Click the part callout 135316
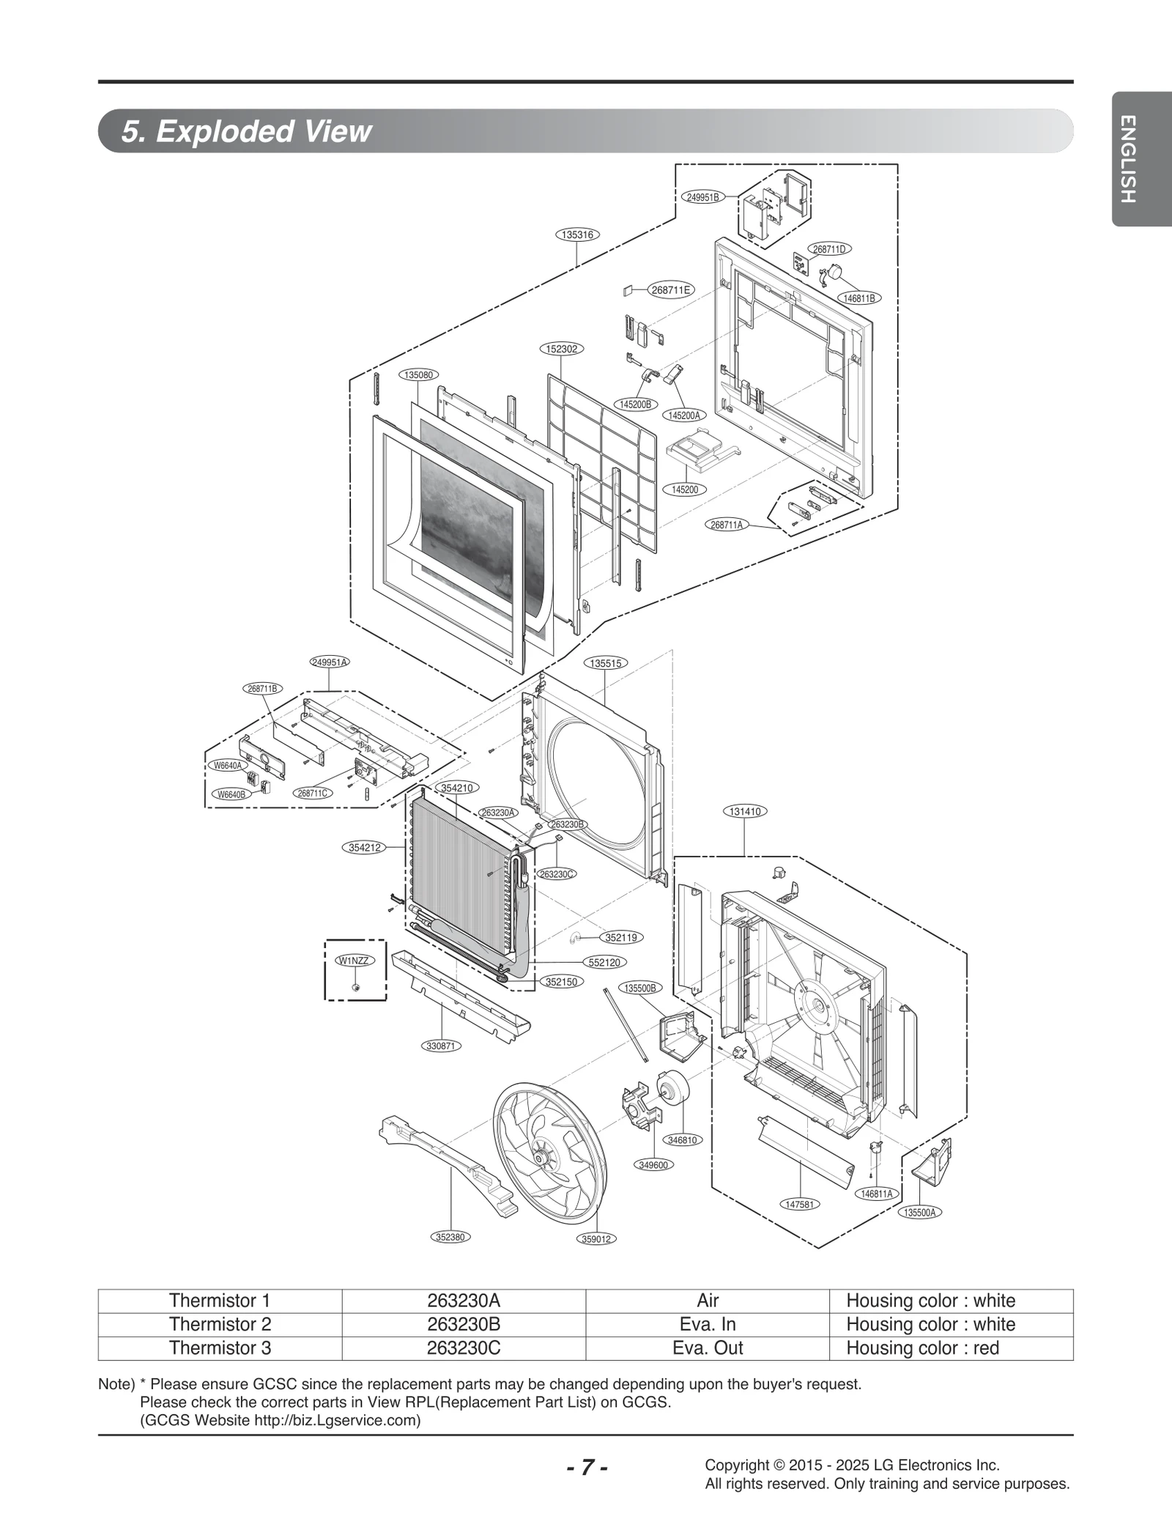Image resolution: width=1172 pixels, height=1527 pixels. point(577,235)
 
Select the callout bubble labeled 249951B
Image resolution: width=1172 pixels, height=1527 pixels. point(703,197)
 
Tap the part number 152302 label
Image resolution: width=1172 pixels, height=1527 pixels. point(562,349)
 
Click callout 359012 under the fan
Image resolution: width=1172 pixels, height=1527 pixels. point(596,1239)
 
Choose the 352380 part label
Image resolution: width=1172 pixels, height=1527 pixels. point(450,1237)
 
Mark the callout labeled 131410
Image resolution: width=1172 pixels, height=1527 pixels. point(745,811)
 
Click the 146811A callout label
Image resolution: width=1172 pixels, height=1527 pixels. point(877,1194)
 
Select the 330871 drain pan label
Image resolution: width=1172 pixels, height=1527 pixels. point(442,1046)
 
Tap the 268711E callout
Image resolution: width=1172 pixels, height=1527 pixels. point(671,289)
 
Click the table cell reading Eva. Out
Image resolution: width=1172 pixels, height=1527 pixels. point(707,1348)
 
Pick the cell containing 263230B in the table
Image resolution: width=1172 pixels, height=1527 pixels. point(463,1324)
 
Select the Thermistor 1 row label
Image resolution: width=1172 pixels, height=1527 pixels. point(220,1301)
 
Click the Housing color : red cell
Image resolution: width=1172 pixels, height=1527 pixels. point(922,1348)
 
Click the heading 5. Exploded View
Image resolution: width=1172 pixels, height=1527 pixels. point(247,131)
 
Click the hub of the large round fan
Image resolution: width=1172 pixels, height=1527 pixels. point(542,1157)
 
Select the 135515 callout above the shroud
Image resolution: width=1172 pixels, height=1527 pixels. point(606,663)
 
